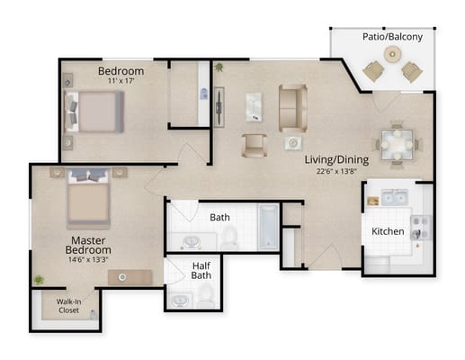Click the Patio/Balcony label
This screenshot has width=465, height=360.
[x=392, y=37]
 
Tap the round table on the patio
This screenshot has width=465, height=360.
[x=392, y=54]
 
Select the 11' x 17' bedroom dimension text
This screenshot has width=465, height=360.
[x=121, y=81]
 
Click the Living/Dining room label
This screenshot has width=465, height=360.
[x=336, y=159]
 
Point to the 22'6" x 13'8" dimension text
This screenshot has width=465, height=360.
[x=336, y=171]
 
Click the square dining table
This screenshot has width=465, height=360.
[x=398, y=145]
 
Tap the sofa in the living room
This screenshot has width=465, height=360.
[x=293, y=108]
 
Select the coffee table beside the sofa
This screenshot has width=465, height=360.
[x=254, y=107]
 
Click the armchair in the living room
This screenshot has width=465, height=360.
[x=255, y=146]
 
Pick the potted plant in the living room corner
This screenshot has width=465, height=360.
[x=219, y=67]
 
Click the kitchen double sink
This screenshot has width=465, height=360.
[x=394, y=197]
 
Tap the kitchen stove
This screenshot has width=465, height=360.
[x=420, y=228]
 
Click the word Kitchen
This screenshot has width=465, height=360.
[x=388, y=231]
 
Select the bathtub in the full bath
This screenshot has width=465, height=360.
[x=268, y=228]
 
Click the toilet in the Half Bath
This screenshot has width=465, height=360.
[x=205, y=295]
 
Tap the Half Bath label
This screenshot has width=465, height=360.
[x=201, y=271]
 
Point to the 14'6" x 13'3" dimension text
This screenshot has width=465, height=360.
[x=88, y=259]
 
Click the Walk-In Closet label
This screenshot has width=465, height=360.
[x=68, y=306]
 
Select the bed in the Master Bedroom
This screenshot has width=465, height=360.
[x=88, y=198]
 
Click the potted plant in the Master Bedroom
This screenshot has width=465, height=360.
[x=39, y=280]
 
